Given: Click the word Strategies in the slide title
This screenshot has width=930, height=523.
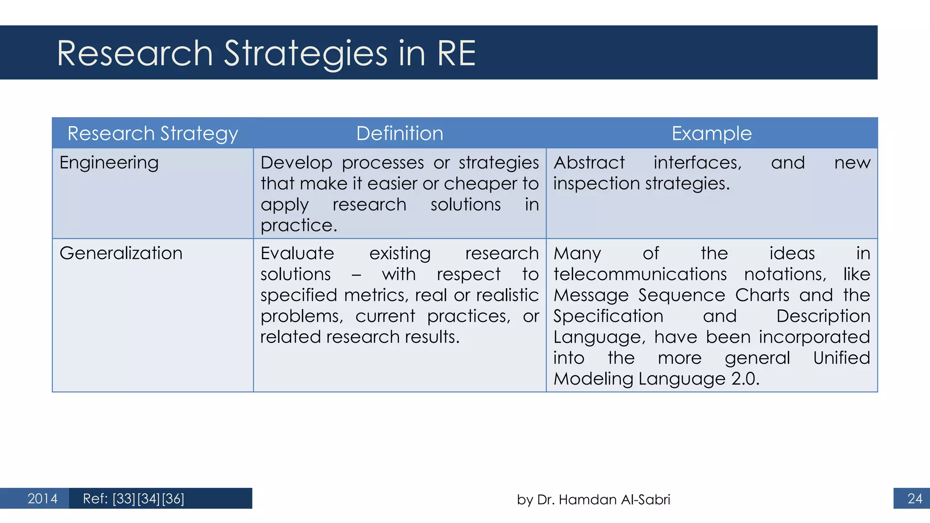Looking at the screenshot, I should point(306,54).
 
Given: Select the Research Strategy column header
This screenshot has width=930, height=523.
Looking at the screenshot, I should point(153,133).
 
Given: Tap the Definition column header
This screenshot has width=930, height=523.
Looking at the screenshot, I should point(400,133).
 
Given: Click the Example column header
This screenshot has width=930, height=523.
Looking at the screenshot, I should point(712,133).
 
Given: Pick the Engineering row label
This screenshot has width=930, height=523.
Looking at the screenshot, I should point(109,163).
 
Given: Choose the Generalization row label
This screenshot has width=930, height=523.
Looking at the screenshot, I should point(121,253).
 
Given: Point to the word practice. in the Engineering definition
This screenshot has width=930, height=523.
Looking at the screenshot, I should point(299,226).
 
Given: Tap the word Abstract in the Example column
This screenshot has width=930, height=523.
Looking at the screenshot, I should point(589,163).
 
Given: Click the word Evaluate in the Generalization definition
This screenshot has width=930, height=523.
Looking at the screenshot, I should point(297,253).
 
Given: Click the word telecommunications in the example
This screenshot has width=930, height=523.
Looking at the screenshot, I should point(640,274).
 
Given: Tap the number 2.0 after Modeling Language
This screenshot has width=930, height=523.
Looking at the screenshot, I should point(745,379).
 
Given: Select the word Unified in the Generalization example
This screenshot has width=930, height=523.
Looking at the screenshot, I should point(841,358).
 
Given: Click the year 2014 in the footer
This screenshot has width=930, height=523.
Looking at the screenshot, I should point(42,498).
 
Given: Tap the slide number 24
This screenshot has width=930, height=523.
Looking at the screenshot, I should point(915,498).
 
